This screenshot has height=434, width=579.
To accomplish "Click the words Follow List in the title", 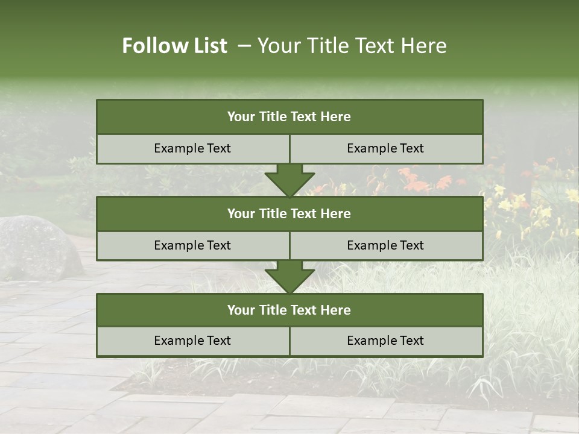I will (175, 46).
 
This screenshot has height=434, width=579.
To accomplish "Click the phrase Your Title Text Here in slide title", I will (352, 46).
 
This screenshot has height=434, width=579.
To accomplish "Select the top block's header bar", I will (289, 117).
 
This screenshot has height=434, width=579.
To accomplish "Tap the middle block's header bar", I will (289, 213).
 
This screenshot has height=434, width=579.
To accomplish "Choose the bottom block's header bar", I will (289, 310).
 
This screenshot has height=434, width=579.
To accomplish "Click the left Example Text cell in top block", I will (192, 148).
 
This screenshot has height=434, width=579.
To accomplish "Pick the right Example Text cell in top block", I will (386, 148).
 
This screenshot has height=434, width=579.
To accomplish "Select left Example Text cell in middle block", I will (192, 245).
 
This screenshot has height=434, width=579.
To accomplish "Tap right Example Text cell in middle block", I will (386, 245).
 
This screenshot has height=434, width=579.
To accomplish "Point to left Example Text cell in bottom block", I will (192, 341).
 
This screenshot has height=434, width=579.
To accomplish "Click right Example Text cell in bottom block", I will (386, 341).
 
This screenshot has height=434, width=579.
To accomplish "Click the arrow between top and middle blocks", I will (289, 180).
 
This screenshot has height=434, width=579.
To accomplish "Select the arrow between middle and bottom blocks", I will (289, 277).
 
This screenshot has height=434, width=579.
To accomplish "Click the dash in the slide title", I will (244, 46).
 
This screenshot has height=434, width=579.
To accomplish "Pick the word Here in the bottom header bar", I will (336, 310).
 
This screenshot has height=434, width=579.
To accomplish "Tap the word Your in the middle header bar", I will (241, 213).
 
